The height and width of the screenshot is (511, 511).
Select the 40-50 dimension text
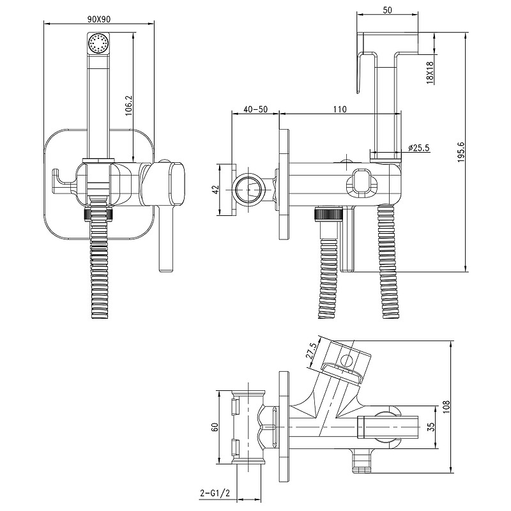[x=255, y=109]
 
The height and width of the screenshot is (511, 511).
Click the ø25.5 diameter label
[x=419, y=148]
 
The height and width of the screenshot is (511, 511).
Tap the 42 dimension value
[x=215, y=190]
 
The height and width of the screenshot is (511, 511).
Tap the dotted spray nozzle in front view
[x=98, y=45]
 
